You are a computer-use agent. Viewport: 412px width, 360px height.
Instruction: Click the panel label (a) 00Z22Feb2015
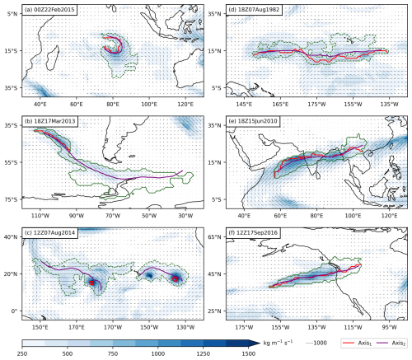point(49,10)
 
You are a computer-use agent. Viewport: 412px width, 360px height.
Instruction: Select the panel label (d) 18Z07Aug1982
point(254,10)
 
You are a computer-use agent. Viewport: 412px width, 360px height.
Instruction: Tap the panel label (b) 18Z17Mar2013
point(49,121)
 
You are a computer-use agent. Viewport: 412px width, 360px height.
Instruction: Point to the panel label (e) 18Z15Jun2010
point(253,121)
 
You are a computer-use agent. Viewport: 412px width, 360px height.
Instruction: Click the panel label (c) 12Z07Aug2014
point(49,233)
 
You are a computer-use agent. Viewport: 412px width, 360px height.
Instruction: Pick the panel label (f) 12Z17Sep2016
point(253,233)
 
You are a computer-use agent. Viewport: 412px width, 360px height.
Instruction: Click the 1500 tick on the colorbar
point(248,353)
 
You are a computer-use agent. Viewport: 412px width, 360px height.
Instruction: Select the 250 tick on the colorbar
point(22,353)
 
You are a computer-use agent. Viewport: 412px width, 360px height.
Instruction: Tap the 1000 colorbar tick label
point(158,353)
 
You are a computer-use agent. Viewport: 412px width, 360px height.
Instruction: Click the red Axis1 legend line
point(349,343)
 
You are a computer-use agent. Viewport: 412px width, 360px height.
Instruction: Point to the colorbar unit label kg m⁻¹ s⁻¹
point(278,342)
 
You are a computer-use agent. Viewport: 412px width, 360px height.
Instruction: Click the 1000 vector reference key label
point(320,343)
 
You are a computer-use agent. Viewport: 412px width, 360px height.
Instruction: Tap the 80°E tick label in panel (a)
point(113,105)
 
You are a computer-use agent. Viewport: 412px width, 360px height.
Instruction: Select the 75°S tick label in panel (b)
point(11,199)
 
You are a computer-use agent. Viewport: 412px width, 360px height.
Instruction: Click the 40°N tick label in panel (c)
point(11,237)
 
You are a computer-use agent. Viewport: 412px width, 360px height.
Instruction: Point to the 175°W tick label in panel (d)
point(316,105)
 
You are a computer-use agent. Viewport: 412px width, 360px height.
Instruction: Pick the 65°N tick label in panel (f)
point(214,237)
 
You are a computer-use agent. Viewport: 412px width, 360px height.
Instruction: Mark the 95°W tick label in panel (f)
point(389,327)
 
